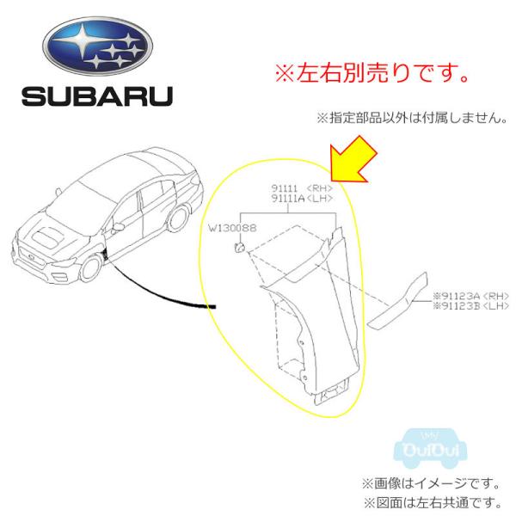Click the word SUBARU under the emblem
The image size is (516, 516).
pyautogui.click(x=96, y=95)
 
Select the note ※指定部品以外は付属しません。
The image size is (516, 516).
pyautogui.click(x=411, y=116)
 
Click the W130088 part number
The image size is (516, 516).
pyautogui.click(x=233, y=229)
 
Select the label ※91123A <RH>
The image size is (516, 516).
pyautogui.click(x=472, y=297)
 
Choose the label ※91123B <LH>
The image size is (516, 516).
pyautogui.click(x=472, y=307)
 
